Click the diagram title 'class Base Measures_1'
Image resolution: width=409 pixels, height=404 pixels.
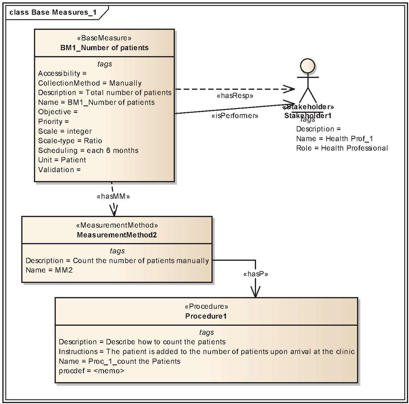click(x=53, y=12)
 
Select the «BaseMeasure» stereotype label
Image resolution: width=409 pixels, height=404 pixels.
click(x=104, y=38)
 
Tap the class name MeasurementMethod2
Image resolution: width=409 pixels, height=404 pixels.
click(x=117, y=235)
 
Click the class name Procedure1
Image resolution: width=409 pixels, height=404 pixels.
click(x=206, y=316)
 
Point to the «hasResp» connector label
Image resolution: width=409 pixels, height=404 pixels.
click(x=235, y=96)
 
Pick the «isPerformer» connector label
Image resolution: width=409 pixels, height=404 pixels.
click(x=235, y=116)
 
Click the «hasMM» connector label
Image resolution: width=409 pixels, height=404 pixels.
click(x=113, y=196)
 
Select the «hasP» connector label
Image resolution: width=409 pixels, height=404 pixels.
click(x=256, y=274)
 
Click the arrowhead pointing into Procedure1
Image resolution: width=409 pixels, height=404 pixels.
click(x=255, y=292)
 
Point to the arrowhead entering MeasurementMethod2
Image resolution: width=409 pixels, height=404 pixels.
click(x=114, y=210)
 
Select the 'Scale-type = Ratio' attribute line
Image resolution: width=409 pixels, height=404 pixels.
click(x=70, y=141)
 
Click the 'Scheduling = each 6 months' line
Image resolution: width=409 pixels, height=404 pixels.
click(x=88, y=151)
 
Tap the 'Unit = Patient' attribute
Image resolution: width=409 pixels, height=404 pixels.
click(x=62, y=160)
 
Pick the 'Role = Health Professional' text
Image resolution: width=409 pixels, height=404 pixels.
click(x=342, y=148)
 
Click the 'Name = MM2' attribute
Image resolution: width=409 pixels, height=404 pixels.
click(x=49, y=270)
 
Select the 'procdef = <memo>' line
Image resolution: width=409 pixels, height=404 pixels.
click(x=92, y=371)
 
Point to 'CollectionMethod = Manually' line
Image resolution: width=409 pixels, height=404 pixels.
click(x=90, y=83)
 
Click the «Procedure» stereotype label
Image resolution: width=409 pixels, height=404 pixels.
click(x=206, y=306)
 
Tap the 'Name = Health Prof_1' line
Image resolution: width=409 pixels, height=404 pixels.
click(x=335, y=139)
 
